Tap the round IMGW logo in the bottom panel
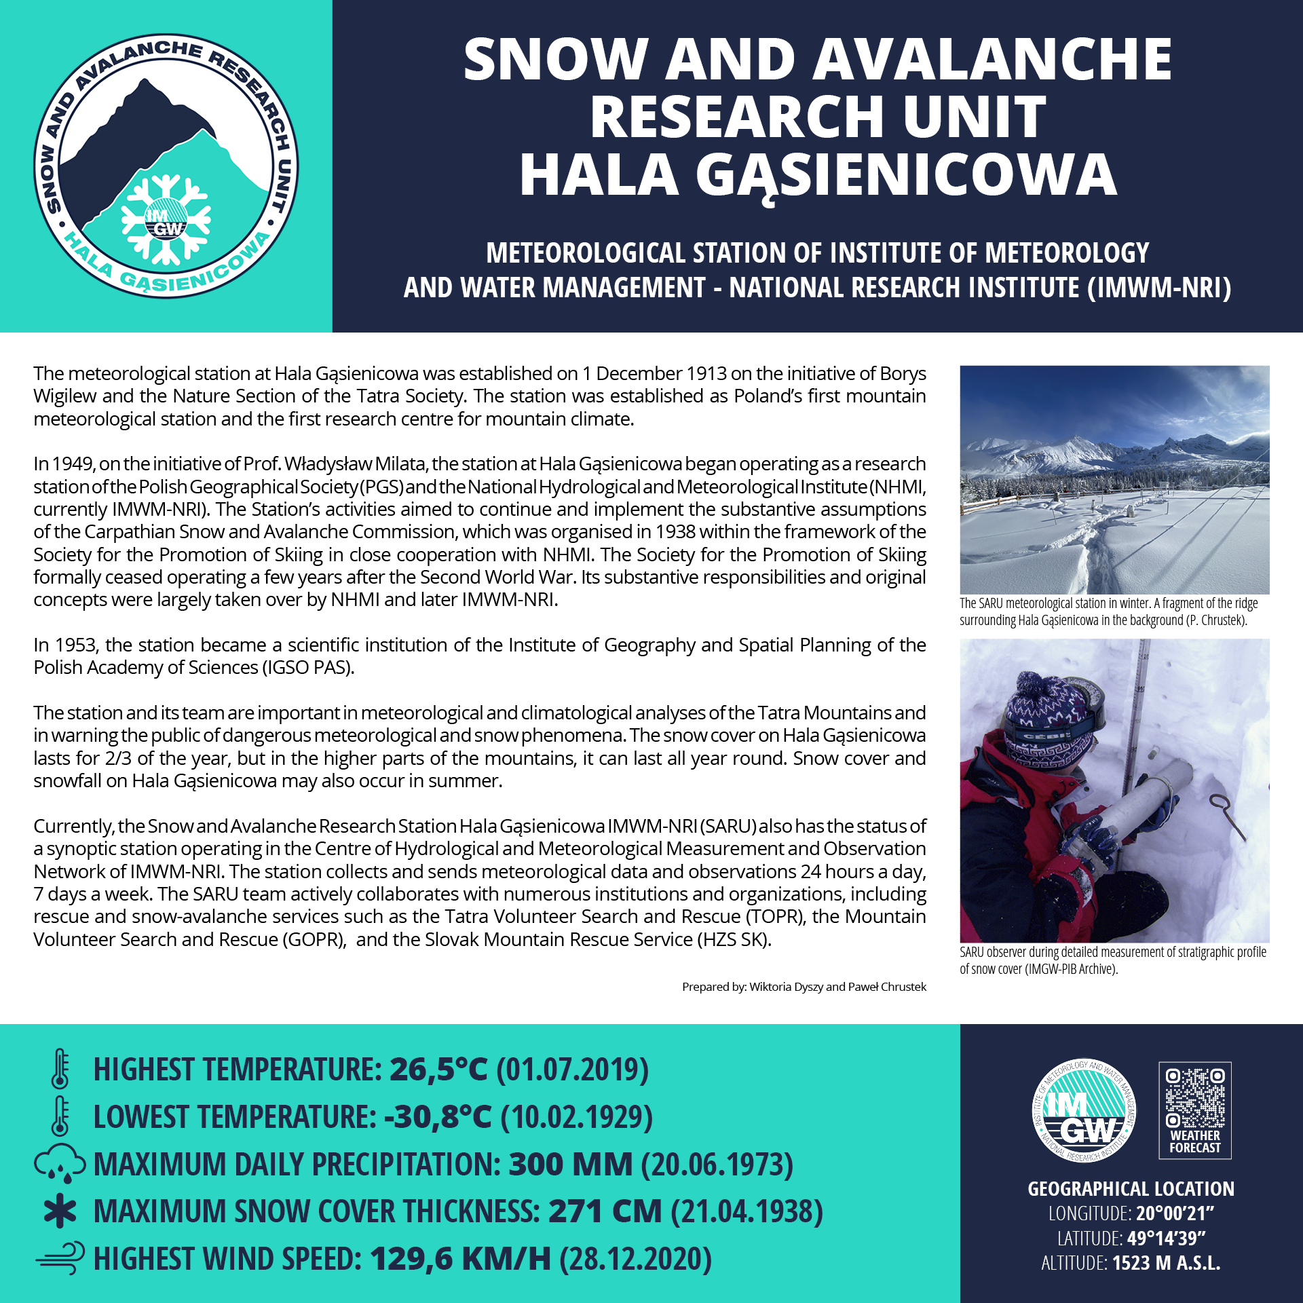[1084, 1111]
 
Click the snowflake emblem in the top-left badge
[166, 219]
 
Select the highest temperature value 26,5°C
[438, 1070]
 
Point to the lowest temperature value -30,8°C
[437, 1117]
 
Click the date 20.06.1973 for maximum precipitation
[717, 1165]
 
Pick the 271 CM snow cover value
[605, 1211]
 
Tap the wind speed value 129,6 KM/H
[460, 1259]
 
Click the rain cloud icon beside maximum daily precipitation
[60, 1164]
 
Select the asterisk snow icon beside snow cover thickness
[60, 1211]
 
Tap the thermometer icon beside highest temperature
[60, 1069]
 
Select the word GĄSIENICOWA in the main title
[906, 175]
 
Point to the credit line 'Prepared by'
[804, 987]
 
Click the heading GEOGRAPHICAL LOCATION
[1131, 1189]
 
